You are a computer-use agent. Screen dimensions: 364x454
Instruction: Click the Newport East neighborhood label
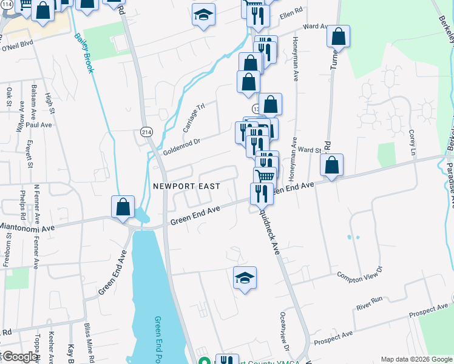coord(186,186)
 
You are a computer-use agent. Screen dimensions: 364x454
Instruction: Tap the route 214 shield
coord(147,132)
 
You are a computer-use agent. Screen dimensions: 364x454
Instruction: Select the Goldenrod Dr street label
coord(182,145)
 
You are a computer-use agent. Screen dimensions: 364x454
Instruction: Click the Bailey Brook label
coord(84,53)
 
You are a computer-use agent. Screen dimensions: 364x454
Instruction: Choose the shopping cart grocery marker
coord(265,177)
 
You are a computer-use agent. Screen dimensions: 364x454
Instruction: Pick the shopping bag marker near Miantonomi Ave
coord(123,207)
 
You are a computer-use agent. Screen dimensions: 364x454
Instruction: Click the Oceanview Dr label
coord(283,331)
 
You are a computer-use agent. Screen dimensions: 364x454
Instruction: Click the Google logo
coord(19,357)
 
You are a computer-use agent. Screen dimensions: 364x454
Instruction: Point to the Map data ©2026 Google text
coord(416,359)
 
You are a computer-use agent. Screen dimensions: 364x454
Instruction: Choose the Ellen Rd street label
coord(291,15)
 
